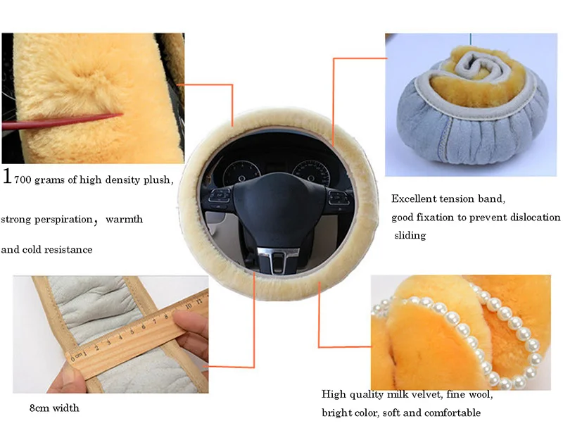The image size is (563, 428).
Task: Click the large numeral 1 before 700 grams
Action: pos(6,176)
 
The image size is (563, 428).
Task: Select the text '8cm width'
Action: pos(54,408)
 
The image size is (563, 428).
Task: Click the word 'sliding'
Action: pos(410,236)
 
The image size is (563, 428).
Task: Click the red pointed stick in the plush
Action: pos(62,121)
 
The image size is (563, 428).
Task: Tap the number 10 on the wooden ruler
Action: pos(188,306)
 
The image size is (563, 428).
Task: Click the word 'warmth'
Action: pos(125,219)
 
